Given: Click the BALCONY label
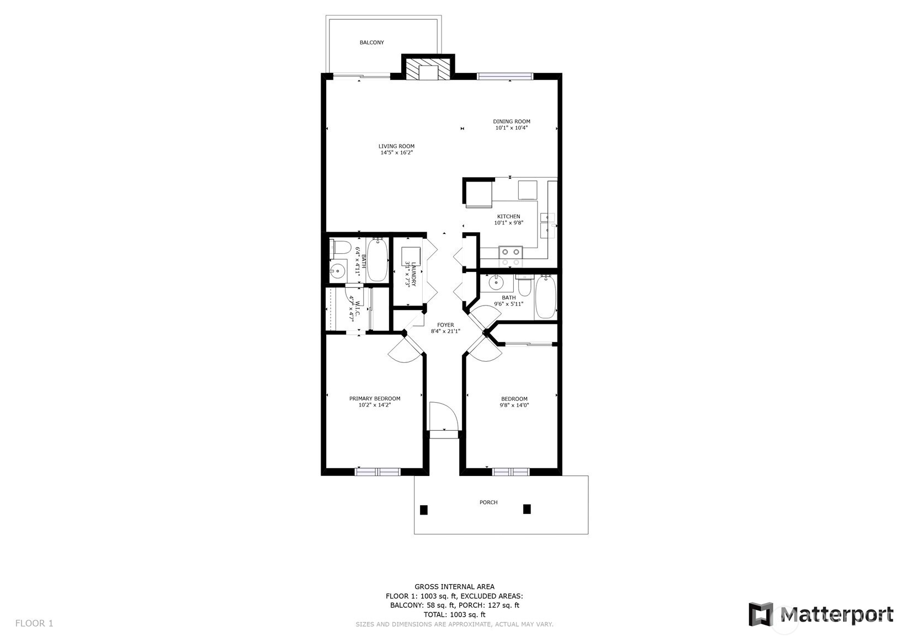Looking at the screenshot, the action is coord(372,42).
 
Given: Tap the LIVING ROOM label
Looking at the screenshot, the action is coord(396,146).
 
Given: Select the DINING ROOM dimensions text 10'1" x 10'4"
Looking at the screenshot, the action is coord(511,128).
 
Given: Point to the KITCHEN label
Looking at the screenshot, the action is coord(509,217).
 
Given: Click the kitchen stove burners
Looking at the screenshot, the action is coord(511,256).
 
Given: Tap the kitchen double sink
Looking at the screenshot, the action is coord(548,225).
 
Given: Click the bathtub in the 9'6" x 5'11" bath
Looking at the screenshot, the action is coord(545,297).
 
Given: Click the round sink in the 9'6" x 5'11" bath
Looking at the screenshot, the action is coord(496,281).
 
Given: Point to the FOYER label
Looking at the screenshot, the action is coord(445,325).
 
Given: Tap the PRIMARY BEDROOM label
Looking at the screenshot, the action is coord(375,399).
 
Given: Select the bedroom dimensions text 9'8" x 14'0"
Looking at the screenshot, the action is coord(514,405).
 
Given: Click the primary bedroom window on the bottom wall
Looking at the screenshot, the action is coord(378,472).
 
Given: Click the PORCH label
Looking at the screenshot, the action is coord(488,502).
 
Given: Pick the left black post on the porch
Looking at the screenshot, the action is coord(424,510).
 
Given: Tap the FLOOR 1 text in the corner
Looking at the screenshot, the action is coord(34,623).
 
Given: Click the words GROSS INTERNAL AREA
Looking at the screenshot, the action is coord(455,586).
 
